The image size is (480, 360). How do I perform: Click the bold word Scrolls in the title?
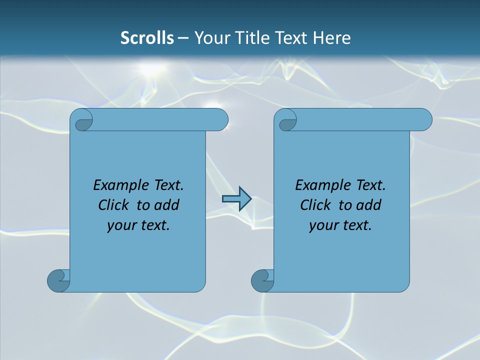tap(147, 38)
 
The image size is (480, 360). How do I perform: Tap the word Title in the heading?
tap(254, 38)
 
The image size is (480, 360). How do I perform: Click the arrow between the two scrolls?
tap(236, 199)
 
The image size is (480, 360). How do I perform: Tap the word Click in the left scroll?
tap(109, 205)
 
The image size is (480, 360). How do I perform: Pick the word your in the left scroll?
tap(120, 225)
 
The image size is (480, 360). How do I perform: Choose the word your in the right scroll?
tap(322, 225)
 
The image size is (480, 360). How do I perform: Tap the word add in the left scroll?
tap(167, 205)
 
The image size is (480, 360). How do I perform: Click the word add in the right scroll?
tap(369, 205)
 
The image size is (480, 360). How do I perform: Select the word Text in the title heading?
tap(292, 38)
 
